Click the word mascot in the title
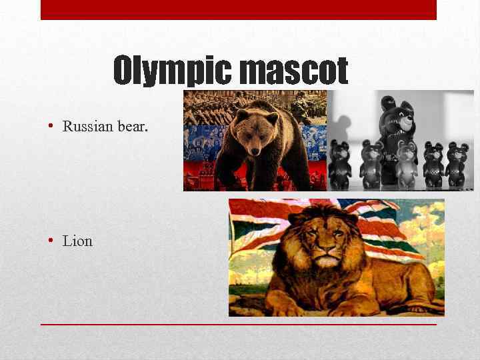(293, 71)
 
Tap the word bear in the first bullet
(132, 126)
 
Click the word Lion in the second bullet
(77, 241)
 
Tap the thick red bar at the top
(239, 9)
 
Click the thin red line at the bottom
(239, 324)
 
